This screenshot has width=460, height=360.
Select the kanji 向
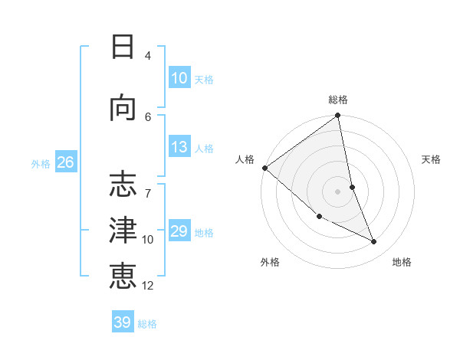123,108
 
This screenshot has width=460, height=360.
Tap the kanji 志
123,184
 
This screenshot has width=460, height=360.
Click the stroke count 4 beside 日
148,55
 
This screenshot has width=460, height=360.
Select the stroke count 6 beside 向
148,116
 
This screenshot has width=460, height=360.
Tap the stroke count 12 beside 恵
148,285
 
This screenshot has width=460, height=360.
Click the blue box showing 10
179,78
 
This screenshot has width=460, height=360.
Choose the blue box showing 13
179,147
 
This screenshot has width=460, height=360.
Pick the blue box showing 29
179,231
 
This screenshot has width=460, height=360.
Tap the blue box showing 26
65,162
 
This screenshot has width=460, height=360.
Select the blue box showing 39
123,322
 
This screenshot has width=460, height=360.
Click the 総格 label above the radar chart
338,100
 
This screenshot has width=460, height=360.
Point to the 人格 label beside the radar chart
245,159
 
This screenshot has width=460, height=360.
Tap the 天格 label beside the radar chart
432,159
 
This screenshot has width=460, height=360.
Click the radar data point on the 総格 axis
338,116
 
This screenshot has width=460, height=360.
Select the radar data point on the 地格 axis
374,242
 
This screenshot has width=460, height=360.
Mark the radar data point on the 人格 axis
264,168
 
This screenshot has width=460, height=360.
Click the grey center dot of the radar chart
338,191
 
